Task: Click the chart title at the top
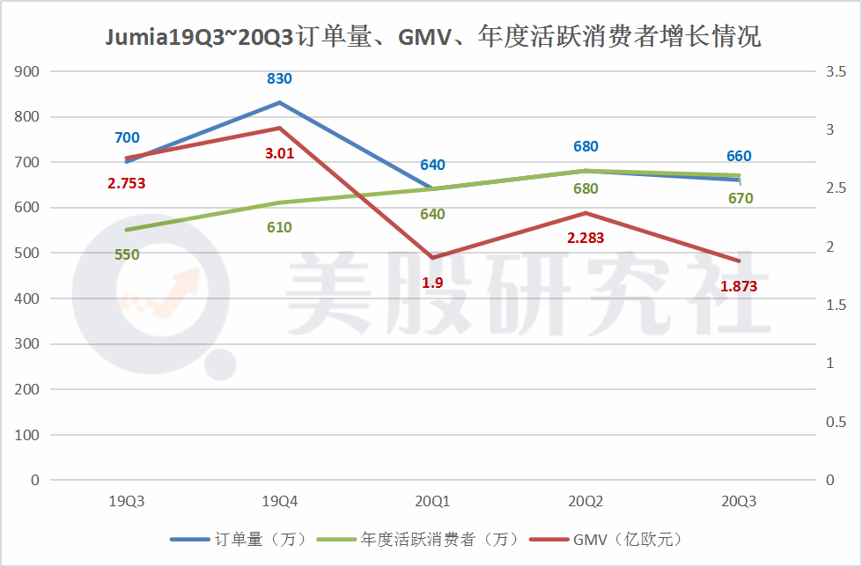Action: pos(431,37)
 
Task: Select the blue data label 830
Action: pos(279,79)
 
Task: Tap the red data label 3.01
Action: pos(279,153)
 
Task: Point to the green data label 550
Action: pos(127,255)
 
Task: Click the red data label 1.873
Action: pos(739,286)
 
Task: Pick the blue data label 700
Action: pos(127,138)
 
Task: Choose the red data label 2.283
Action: pos(586,238)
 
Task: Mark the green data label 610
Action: pos(279,228)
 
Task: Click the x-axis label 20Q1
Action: pos(432,502)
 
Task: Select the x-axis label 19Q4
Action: pos(280,502)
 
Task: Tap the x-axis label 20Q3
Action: pos(738,502)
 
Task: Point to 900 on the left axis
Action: pos(28,71)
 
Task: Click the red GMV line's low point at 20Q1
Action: pos(432,257)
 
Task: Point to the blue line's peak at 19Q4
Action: pos(279,102)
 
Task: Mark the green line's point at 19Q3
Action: pos(127,230)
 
